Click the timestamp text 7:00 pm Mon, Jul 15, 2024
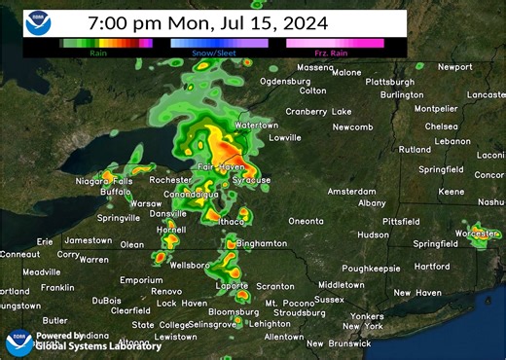[207, 21]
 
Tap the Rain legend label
[98, 53]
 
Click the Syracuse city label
[251, 180]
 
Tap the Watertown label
[256, 126]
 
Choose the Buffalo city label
[115, 193]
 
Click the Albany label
[372, 202]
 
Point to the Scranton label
[275, 287]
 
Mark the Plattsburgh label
[389, 82]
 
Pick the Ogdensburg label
[285, 81]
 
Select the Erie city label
[45, 241]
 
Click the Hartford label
[432, 266]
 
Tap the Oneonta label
[306, 221]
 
